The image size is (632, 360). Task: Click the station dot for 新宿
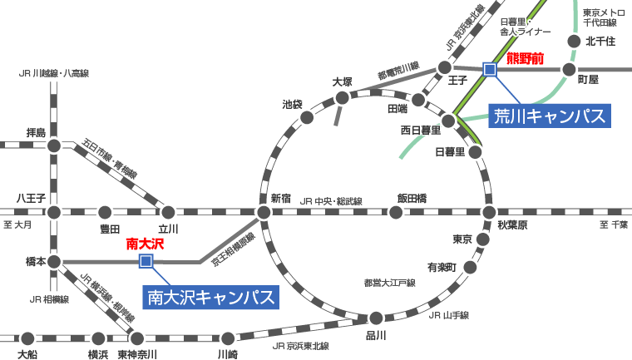tap(264, 212)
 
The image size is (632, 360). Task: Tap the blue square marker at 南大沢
tap(146, 262)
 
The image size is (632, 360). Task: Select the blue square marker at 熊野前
tap(490, 69)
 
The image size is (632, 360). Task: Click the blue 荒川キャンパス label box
tap(549, 115)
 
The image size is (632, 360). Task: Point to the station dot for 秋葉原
tap(489, 212)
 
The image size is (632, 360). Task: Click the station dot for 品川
tap(376, 318)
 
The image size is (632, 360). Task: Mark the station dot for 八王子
tap(54, 212)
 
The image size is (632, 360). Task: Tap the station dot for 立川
tap(168, 212)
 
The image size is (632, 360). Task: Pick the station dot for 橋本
tap(54, 262)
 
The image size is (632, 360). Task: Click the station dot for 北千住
tap(573, 41)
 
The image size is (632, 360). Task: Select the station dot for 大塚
tap(343, 98)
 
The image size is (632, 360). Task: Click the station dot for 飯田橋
tap(396, 212)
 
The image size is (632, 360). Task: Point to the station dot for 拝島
tap(54, 145)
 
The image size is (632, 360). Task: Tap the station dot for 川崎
tap(228, 338)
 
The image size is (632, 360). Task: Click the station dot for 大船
tap(27, 338)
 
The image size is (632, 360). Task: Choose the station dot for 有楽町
tap(471, 267)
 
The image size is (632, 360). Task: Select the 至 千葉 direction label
tap(614, 225)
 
